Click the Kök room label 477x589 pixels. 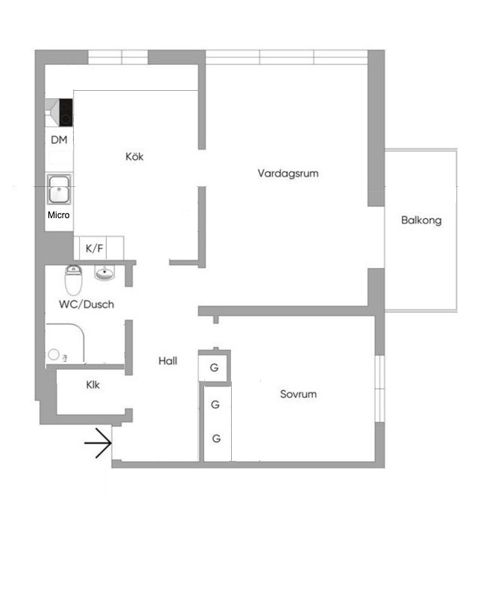[x=135, y=156]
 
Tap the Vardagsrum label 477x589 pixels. [x=288, y=173]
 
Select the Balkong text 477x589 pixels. [x=421, y=220]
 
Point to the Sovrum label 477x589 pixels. [x=298, y=394]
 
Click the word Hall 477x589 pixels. [x=168, y=361]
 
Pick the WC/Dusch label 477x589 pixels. [x=86, y=305]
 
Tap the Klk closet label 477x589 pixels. [x=93, y=385]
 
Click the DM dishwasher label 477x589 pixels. [x=59, y=140]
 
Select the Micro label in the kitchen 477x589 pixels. [x=59, y=215]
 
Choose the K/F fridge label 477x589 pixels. [x=95, y=248]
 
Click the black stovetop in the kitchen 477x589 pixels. [x=66, y=112]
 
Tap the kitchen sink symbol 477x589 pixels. [x=59, y=189]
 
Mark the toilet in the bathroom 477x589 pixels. [x=74, y=280]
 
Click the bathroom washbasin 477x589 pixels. [x=105, y=273]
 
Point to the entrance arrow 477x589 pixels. [x=98, y=443]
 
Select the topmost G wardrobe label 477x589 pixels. [x=214, y=367]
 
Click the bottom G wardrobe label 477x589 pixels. [x=216, y=439]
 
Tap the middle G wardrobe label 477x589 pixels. [x=215, y=404]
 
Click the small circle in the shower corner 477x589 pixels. [x=54, y=354]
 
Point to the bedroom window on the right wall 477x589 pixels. [x=380, y=389]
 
